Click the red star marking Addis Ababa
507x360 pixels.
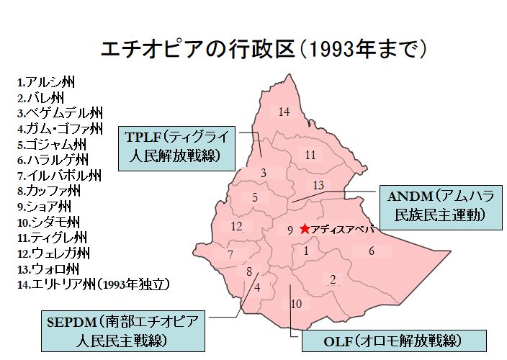(305, 229)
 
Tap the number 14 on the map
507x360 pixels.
(284, 112)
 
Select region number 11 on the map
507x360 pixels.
(310, 155)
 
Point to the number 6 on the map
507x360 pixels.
(372, 251)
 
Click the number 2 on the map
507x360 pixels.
(333, 279)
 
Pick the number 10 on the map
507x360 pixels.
(296, 304)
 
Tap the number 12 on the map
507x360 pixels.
(236, 227)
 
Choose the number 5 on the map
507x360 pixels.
(255, 197)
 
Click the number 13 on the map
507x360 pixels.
(318, 186)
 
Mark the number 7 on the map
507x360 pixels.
(230, 255)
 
